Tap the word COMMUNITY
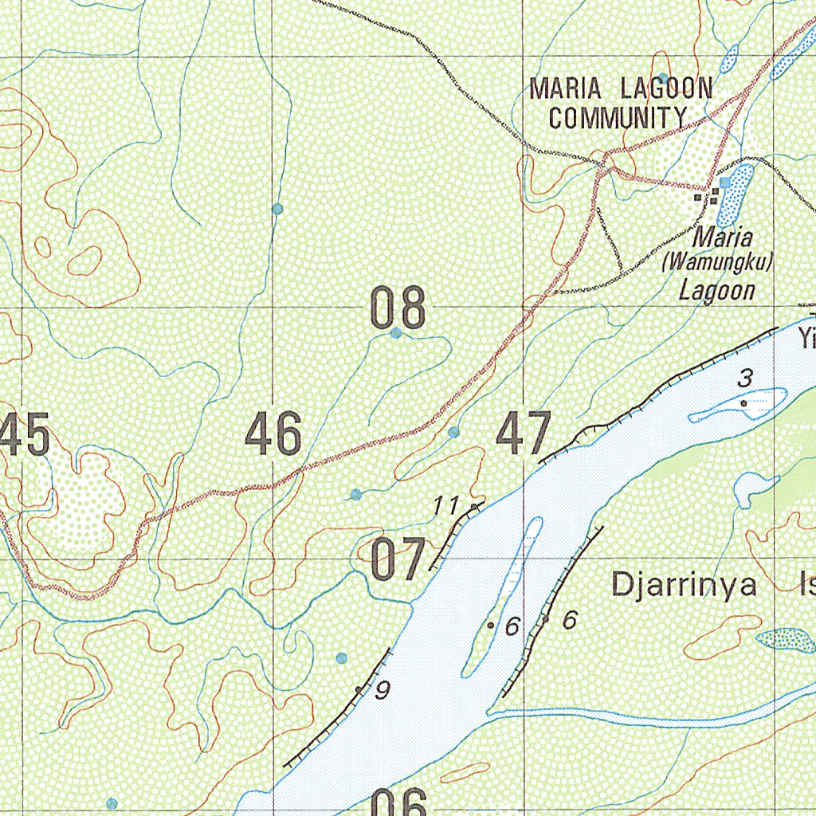[617, 118]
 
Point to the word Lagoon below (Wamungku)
[716, 289]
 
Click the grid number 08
[398, 309]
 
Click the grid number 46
[273, 434]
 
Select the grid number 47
[524, 434]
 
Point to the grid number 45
[25, 434]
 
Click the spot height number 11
[446, 504]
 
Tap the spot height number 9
[382, 691]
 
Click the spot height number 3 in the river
[744, 379]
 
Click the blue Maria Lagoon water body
[734, 196]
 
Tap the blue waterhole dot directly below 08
[396, 333]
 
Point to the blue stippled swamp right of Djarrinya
[785, 639]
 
